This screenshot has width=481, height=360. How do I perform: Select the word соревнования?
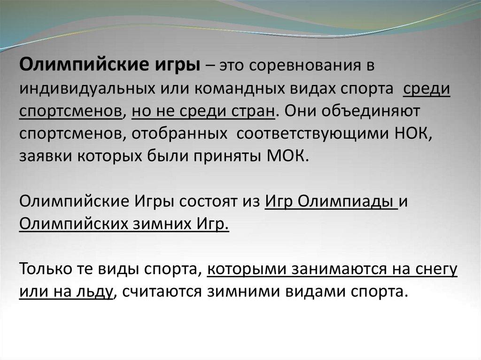pyautogui.click(x=306, y=66)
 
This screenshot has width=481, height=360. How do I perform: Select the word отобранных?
pyautogui.click(x=180, y=134)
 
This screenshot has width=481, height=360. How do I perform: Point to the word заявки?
pyautogui.click(x=46, y=156)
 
